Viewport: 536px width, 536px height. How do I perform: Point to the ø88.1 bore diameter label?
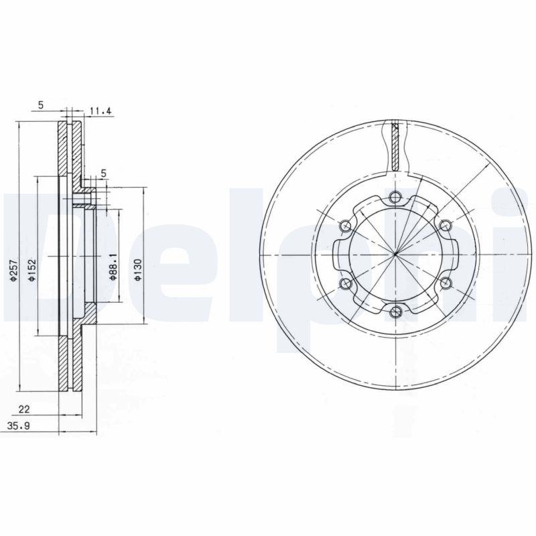click(x=115, y=267)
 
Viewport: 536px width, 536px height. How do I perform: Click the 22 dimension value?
click(x=24, y=409)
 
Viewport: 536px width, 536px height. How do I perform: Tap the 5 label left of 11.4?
click(x=41, y=105)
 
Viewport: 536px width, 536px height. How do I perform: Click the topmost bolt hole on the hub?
click(x=395, y=197)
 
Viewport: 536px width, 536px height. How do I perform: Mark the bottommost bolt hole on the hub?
click(x=395, y=310)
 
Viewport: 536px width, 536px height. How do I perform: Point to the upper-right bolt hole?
click(x=445, y=225)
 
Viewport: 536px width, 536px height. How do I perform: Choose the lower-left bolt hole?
click(x=346, y=284)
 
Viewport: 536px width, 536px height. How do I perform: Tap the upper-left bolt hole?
click(x=346, y=225)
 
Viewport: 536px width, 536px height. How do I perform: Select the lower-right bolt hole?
click(x=445, y=283)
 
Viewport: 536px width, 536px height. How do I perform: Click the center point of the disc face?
click(x=395, y=254)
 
